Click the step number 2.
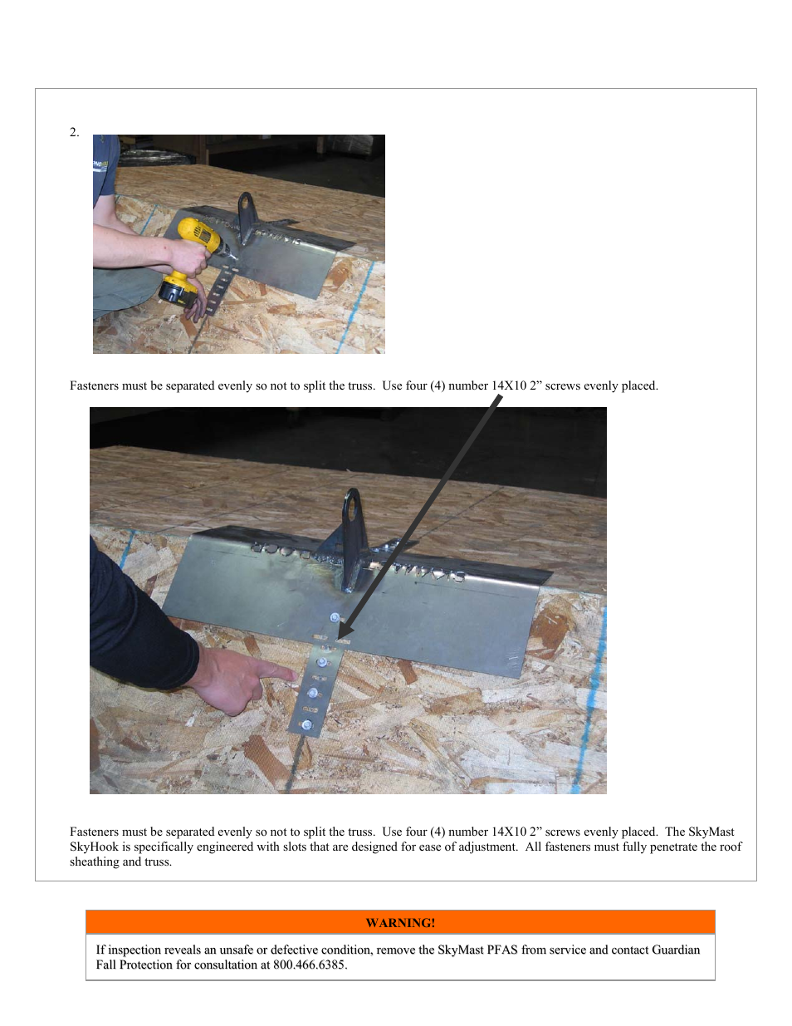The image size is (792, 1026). click(x=74, y=133)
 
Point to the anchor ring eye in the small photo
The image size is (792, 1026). click(x=246, y=204)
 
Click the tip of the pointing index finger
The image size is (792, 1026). click(x=296, y=676)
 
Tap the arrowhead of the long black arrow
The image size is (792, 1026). click(x=344, y=633)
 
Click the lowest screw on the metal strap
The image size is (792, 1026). click(x=307, y=724)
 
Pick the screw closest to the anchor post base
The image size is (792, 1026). click(x=335, y=617)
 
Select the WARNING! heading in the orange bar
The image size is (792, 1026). click(x=400, y=923)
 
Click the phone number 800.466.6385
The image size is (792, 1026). click(x=309, y=965)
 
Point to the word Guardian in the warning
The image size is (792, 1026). click(x=676, y=950)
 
